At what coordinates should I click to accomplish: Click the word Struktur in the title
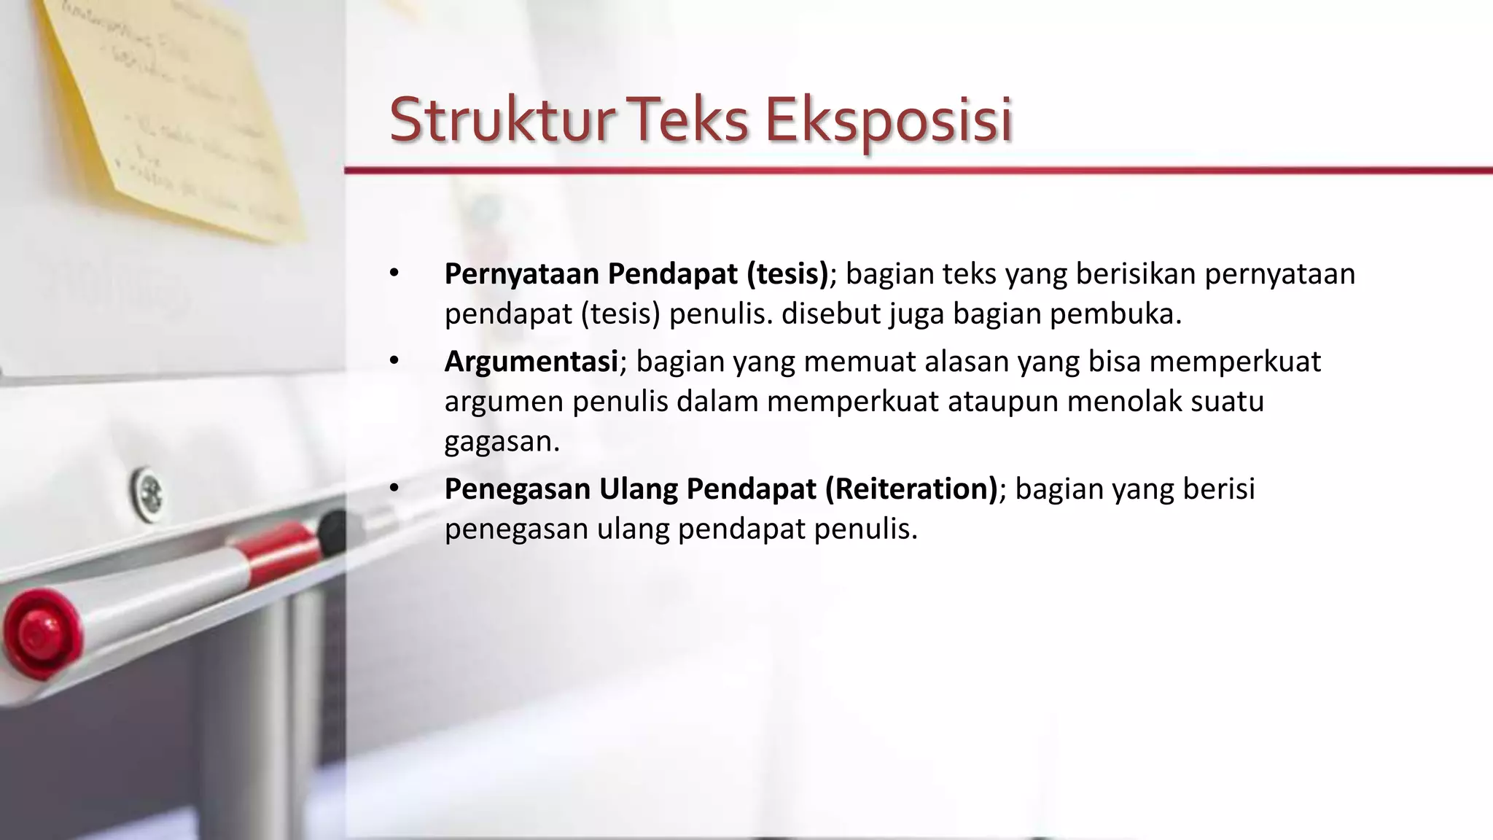[500, 120]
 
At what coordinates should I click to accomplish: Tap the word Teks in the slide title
[688, 120]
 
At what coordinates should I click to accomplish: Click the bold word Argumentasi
[531, 362]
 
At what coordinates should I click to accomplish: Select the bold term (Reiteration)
[911, 489]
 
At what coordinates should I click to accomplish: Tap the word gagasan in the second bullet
[502, 442]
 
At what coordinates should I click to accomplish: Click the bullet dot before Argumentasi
[394, 361]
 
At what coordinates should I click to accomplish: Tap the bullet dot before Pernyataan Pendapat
[394, 273]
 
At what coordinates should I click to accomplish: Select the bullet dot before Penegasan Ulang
[394, 489]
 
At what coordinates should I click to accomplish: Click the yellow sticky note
[175, 109]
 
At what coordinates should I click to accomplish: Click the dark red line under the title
[919, 171]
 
